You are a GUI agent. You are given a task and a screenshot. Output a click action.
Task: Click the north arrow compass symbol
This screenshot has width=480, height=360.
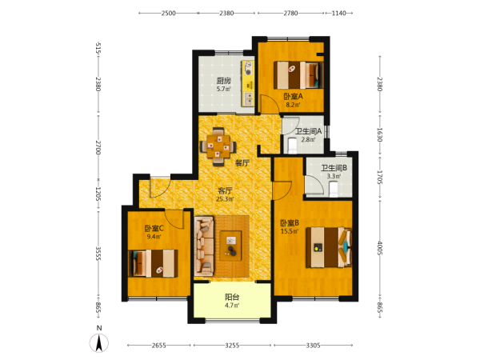(x=99, y=342)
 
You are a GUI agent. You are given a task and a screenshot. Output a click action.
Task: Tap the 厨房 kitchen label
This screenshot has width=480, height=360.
(x=223, y=81)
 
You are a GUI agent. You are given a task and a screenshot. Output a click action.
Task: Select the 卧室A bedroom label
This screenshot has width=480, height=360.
(x=293, y=97)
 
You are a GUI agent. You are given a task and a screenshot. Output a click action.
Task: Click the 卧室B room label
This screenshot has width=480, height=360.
(x=290, y=223)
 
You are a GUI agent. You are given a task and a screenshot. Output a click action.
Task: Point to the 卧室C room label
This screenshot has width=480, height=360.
(x=154, y=228)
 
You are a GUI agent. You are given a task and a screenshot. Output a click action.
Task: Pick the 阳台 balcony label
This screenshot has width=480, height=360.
(x=232, y=297)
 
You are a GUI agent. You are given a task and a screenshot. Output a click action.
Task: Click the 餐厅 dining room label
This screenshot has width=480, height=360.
(x=242, y=163)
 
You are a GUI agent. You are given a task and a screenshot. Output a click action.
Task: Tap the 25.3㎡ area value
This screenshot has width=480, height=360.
(x=225, y=199)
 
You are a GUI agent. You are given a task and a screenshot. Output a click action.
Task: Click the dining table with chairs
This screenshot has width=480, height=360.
(x=218, y=146)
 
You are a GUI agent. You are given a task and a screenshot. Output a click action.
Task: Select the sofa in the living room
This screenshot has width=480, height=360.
(x=203, y=246)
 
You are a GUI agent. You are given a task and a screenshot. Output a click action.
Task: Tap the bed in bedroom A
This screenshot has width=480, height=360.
(x=298, y=75)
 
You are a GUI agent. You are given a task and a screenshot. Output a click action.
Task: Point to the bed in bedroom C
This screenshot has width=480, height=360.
(x=153, y=263)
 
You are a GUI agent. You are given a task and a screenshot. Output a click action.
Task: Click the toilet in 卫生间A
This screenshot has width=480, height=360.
(x=292, y=146)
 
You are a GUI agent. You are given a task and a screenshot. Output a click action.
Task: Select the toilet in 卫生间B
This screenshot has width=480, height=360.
(x=333, y=189)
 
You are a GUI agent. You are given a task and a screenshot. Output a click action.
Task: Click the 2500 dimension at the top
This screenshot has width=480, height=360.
(x=168, y=13)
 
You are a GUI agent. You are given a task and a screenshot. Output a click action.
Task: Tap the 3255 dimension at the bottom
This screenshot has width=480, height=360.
(x=232, y=346)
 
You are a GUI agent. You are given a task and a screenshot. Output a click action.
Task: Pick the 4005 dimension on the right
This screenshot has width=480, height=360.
(x=380, y=248)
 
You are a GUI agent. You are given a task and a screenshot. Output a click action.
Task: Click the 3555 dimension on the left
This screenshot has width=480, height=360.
(x=98, y=254)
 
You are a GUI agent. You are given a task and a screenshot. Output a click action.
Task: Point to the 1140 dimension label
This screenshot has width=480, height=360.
(x=339, y=13)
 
